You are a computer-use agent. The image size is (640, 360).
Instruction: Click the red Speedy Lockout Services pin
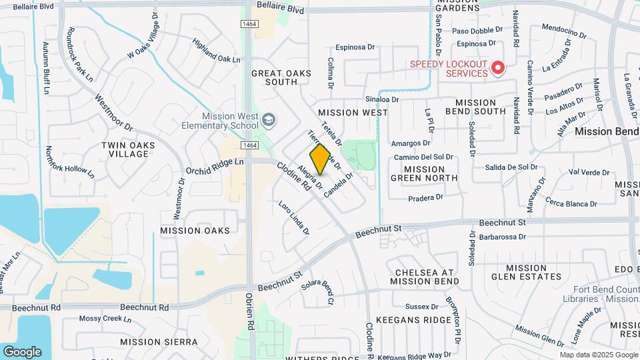[497, 67]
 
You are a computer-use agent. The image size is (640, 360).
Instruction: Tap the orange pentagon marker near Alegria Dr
[320, 159]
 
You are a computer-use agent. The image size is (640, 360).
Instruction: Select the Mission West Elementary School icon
[269, 120]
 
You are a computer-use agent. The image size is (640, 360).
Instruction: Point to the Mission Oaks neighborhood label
[195, 231]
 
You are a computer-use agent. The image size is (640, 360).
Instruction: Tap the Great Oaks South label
[274, 77]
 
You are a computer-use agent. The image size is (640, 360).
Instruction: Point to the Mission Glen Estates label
[527, 272]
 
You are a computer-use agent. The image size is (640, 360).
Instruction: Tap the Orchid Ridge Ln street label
[215, 162]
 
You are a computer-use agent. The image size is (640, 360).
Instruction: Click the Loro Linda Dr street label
[294, 217]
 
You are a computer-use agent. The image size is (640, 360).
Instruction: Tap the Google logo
[22, 351]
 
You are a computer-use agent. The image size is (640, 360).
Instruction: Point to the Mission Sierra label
[159, 341]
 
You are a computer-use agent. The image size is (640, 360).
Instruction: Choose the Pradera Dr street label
[425, 197]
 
